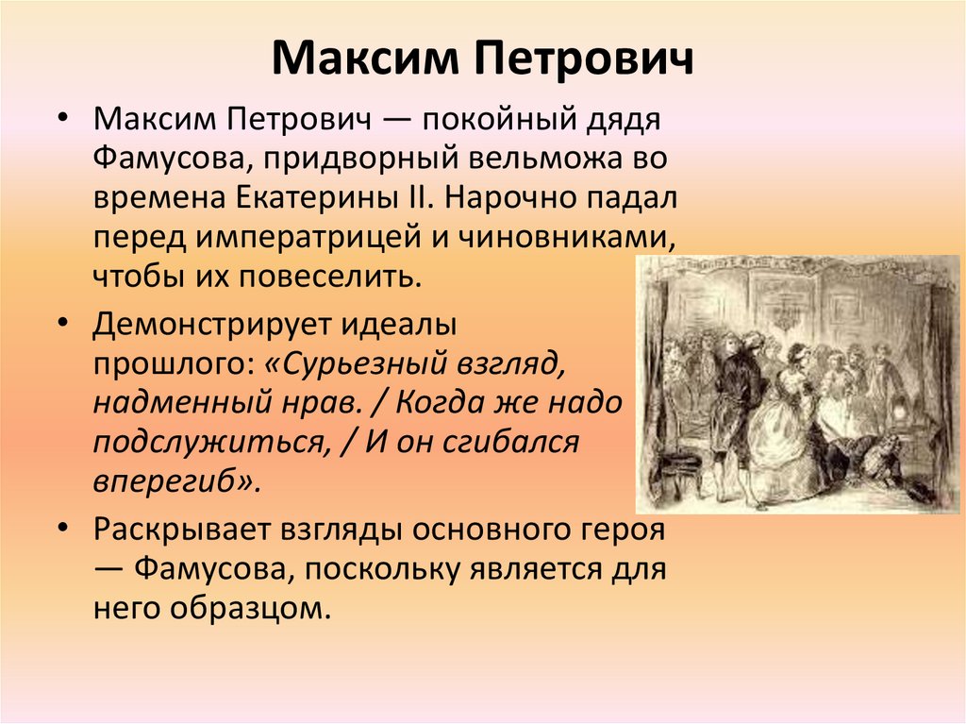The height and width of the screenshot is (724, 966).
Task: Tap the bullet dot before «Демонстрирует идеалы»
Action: coord(61,323)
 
